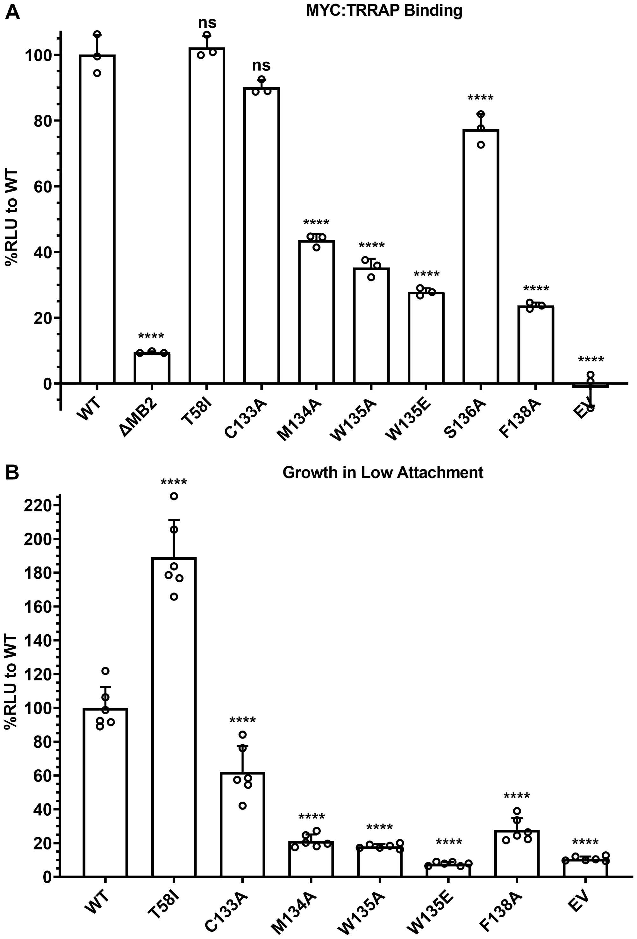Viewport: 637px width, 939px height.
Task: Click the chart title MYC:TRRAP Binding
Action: (383, 11)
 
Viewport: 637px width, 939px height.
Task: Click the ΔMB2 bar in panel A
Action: (152, 368)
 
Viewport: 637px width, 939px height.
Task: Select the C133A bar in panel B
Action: (242, 824)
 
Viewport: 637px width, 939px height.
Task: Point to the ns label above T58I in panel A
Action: (207, 23)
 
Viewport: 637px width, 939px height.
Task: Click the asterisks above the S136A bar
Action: (480, 98)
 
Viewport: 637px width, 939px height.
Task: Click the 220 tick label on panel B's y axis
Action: (38, 506)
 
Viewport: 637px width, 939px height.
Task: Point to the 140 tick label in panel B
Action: (38, 640)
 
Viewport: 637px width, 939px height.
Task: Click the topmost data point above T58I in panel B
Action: (174, 496)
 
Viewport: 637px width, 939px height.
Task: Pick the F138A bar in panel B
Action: (517, 853)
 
